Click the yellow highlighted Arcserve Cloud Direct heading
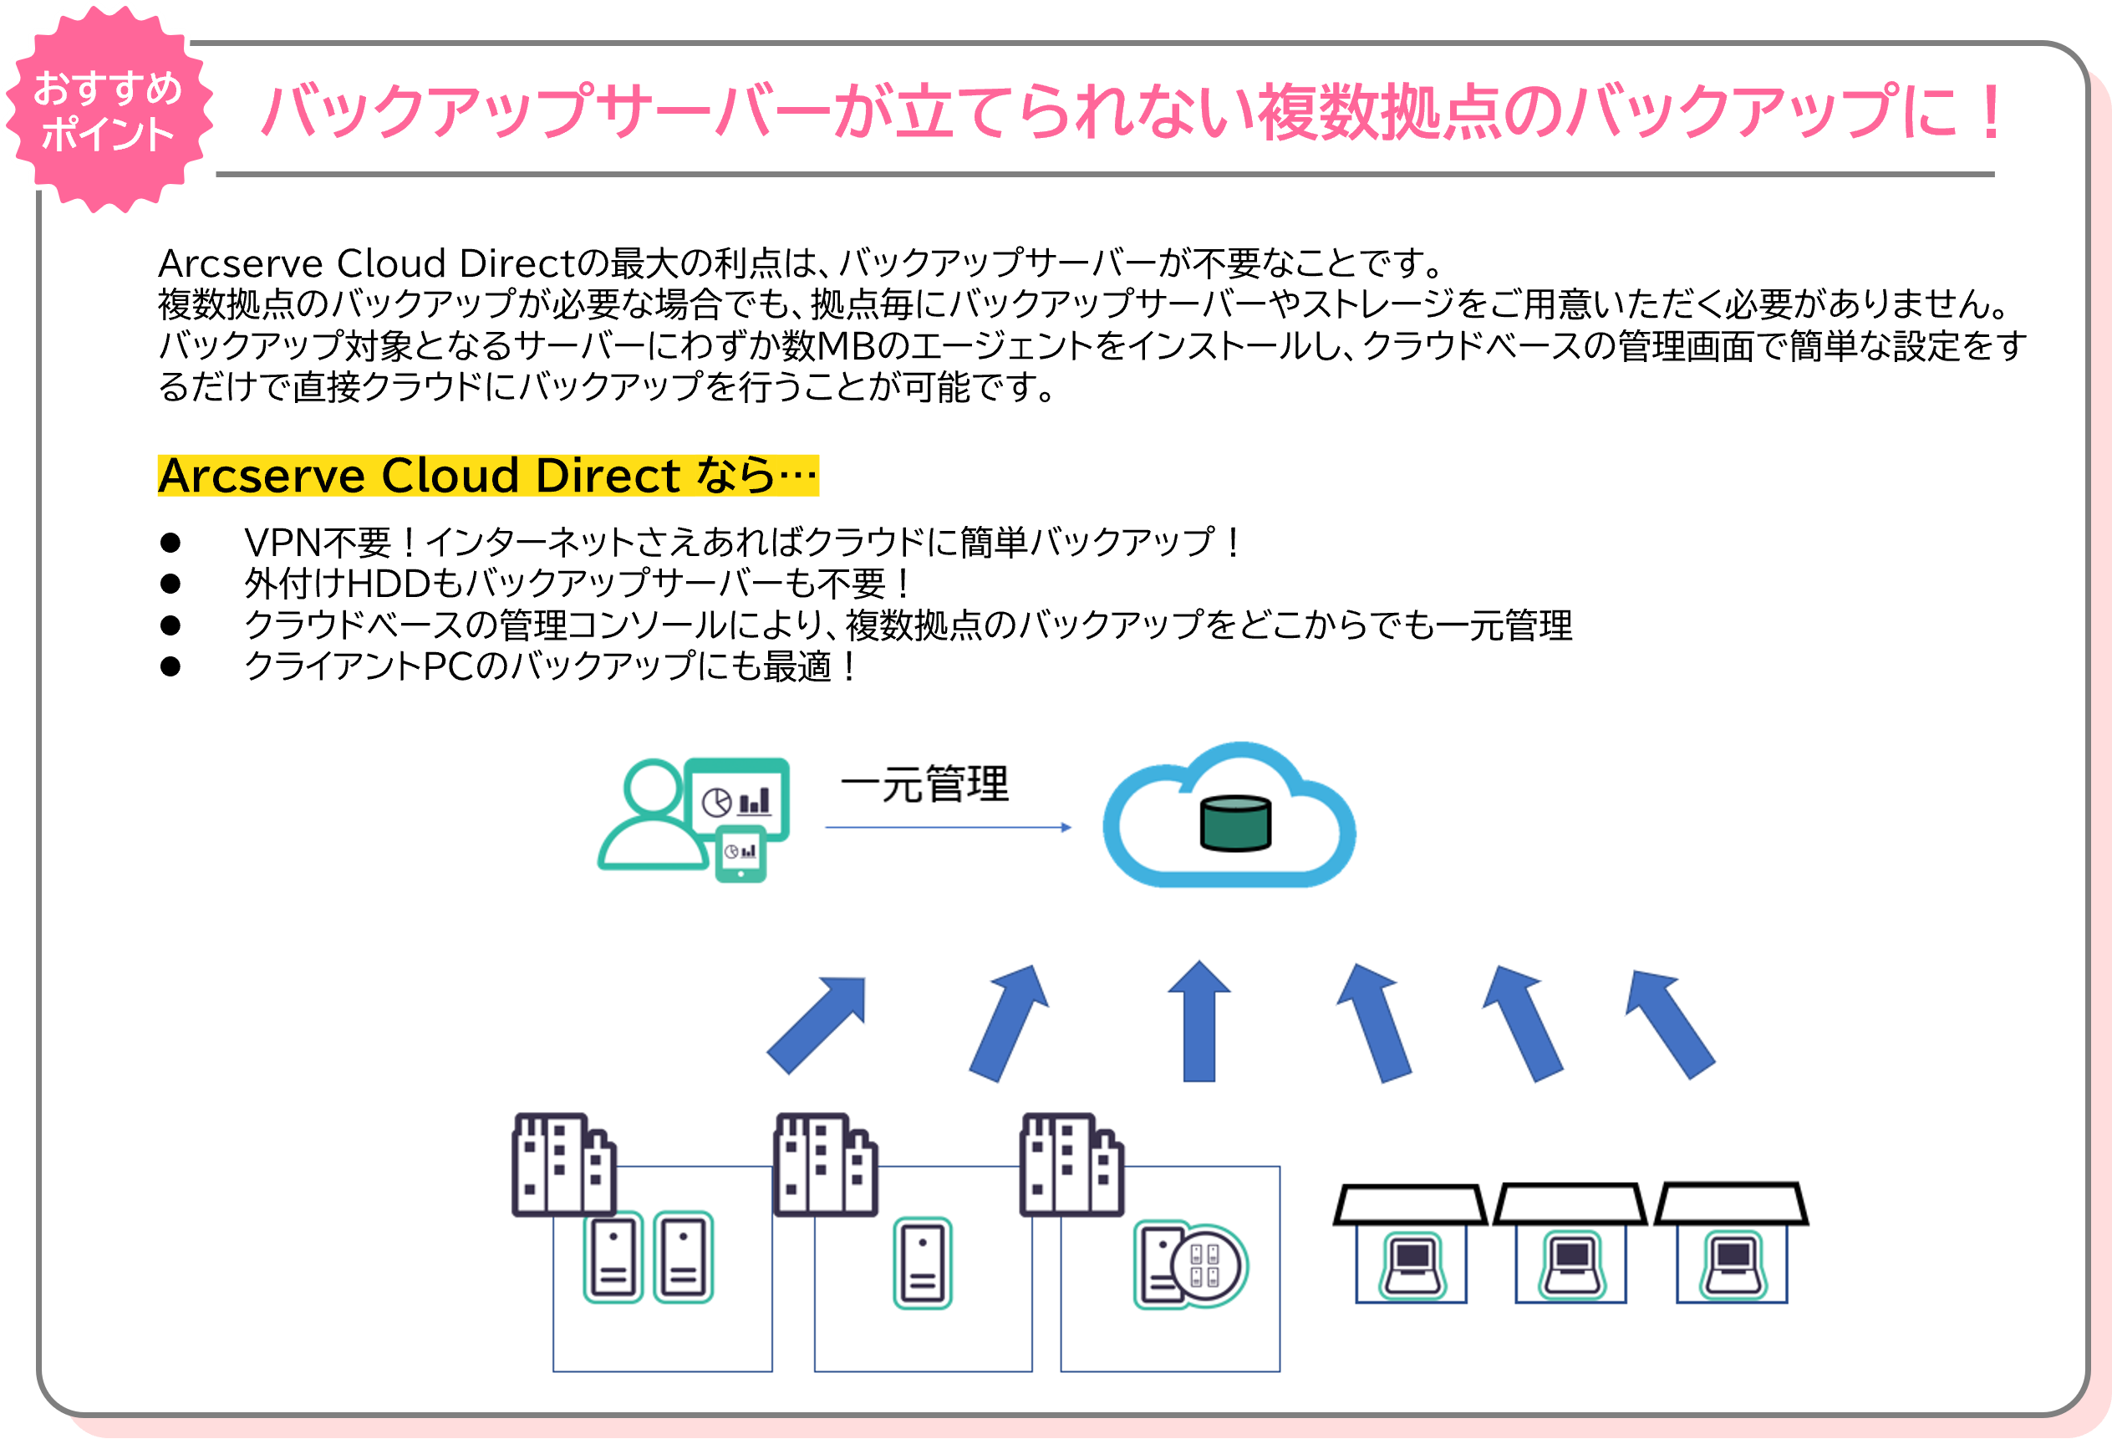point(487,476)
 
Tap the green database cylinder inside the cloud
point(1235,823)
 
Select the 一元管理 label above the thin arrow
point(924,783)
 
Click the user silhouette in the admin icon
point(653,818)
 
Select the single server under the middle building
point(923,1263)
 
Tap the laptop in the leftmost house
point(1412,1264)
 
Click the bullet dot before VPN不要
point(170,543)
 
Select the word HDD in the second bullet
point(388,584)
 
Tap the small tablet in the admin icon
point(740,855)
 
